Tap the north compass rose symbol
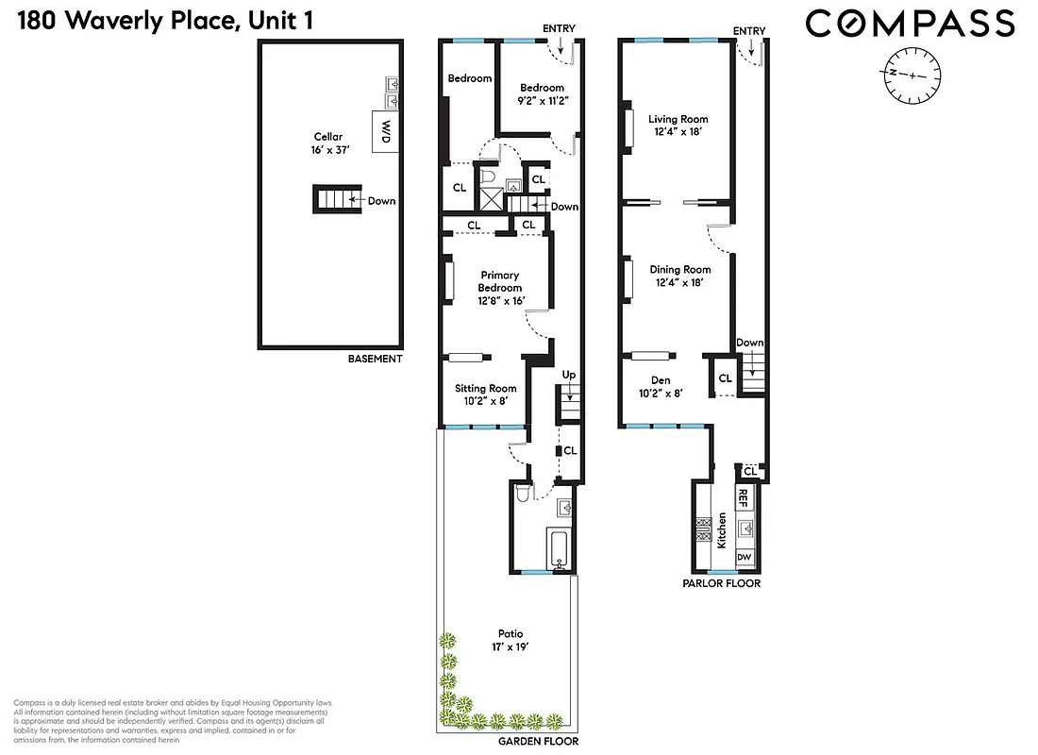pyautogui.click(x=912, y=75)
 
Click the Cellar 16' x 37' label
pyautogui.click(x=329, y=143)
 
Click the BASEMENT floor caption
pyautogui.click(x=375, y=359)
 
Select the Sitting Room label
pyautogui.click(x=486, y=394)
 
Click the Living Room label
pyautogui.click(x=678, y=126)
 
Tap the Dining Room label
pyautogui.click(x=680, y=276)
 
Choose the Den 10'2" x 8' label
pyautogui.click(x=661, y=387)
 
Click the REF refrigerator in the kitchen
pyautogui.click(x=744, y=497)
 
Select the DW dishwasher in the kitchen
pyautogui.click(x=744, y=558)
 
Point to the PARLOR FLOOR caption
pyautogui.click(x=721, y=583)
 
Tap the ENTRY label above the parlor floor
pyautogui.click(x=749, y=31)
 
